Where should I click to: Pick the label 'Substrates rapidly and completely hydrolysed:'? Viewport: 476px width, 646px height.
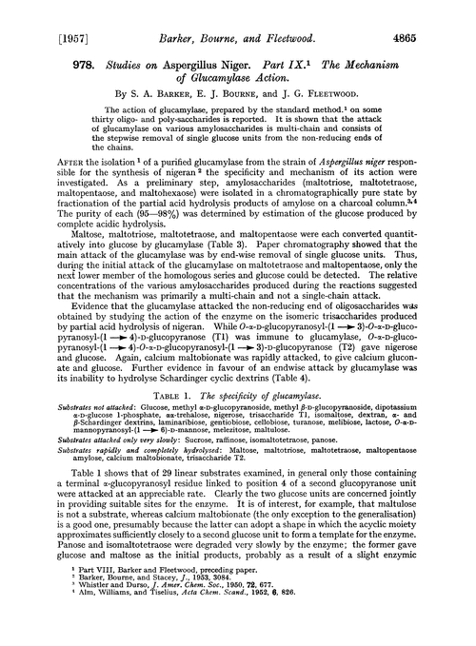pos(102,484)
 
